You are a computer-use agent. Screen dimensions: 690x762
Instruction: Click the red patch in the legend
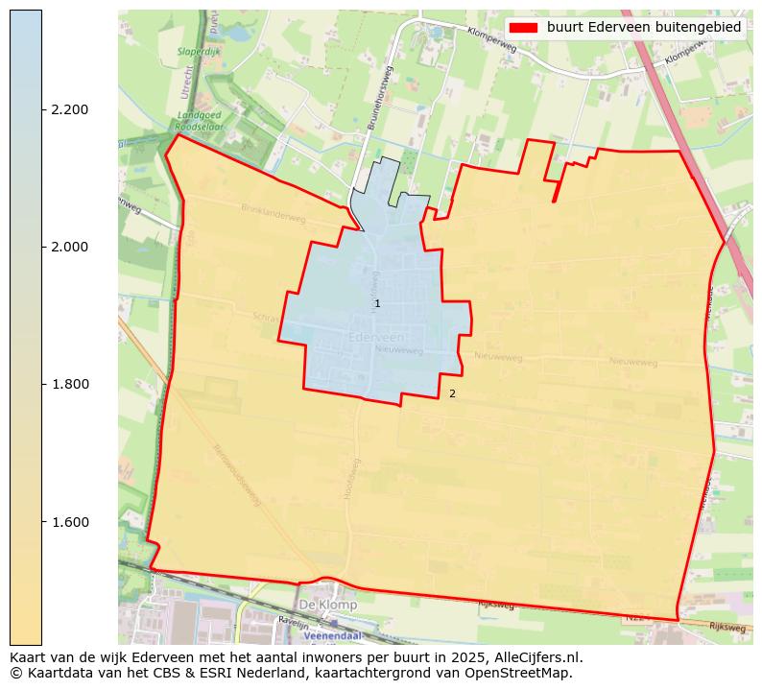[x=523, y=27]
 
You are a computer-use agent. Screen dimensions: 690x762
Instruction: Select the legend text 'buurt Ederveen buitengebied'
[x=644, y=27]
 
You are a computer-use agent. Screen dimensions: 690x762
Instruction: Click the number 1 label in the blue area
[x=377, y=303]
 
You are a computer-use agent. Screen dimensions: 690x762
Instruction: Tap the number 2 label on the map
[x=452, y=393]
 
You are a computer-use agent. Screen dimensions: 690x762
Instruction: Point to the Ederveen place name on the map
[x=376, y=338]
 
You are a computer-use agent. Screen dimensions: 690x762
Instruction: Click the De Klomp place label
[x=327, y=606]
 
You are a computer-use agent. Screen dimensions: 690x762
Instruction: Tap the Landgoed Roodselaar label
[x=200, y=119]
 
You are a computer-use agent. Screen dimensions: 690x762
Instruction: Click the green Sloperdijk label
[x=200, y=52]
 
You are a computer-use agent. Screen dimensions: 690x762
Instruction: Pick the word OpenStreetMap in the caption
[x=527, y=673]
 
